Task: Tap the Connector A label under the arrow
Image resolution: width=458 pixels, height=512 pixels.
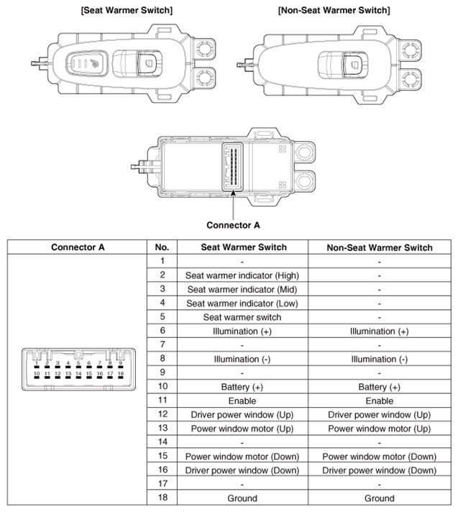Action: [x=233, y=224]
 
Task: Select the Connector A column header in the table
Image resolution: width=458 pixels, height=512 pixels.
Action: [x=78, y=247]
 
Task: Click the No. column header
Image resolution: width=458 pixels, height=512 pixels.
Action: [x=162, y=247]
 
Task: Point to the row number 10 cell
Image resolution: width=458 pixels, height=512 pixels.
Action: [x=162, y=387]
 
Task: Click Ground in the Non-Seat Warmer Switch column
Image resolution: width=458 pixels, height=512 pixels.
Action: [x=379, y=498]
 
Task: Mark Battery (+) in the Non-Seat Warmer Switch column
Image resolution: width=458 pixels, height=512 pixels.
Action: [x=379, y=387]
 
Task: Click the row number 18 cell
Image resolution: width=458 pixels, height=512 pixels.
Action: [x=162, y=498]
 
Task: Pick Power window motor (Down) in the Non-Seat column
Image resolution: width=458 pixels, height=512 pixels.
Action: [x=379, y=456]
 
